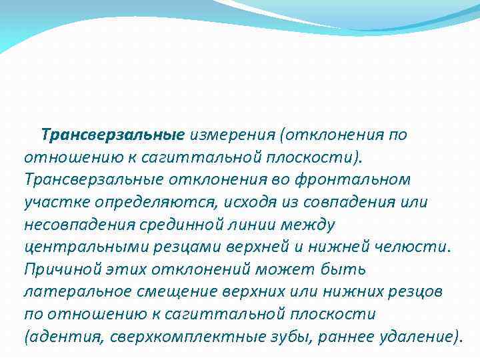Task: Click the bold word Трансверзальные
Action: [x=112, y=135]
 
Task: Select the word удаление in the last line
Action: [x=417, y=336]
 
